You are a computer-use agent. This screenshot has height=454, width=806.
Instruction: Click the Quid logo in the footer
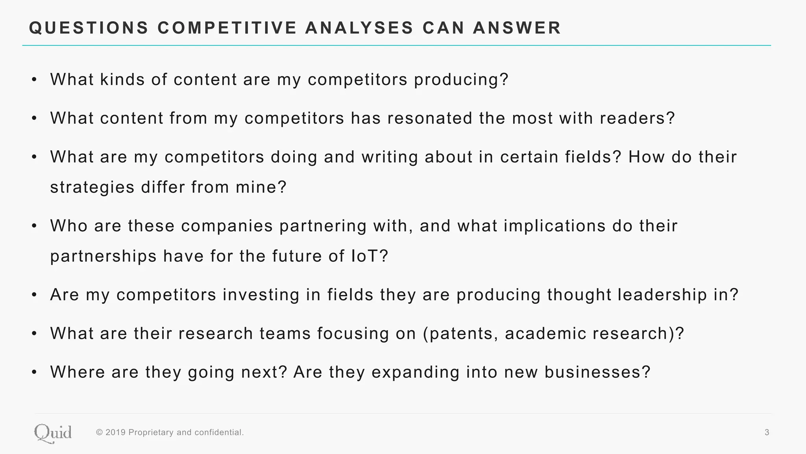tap(53, 433)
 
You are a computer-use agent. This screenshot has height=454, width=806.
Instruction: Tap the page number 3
tap(767, 433)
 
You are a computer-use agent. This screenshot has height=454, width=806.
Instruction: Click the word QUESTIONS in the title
tap(89, 28)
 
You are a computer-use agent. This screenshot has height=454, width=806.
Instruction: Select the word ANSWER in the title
tap(517, 28)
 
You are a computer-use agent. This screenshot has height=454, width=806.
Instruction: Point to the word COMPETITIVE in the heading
tap(227, 28)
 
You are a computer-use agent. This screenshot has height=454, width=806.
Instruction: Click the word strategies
tap(92, 188)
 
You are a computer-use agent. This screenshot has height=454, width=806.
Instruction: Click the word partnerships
tap(104, 257)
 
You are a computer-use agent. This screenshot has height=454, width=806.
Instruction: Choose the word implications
tap(555, 226)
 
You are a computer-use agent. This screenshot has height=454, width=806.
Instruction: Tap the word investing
tap(261, 295)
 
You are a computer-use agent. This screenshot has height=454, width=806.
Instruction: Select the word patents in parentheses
tap(458, 334)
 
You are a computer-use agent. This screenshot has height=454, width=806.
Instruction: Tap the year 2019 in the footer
tap(116, 433)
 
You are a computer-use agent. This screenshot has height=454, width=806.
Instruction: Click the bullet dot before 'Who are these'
tap(35, 226)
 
